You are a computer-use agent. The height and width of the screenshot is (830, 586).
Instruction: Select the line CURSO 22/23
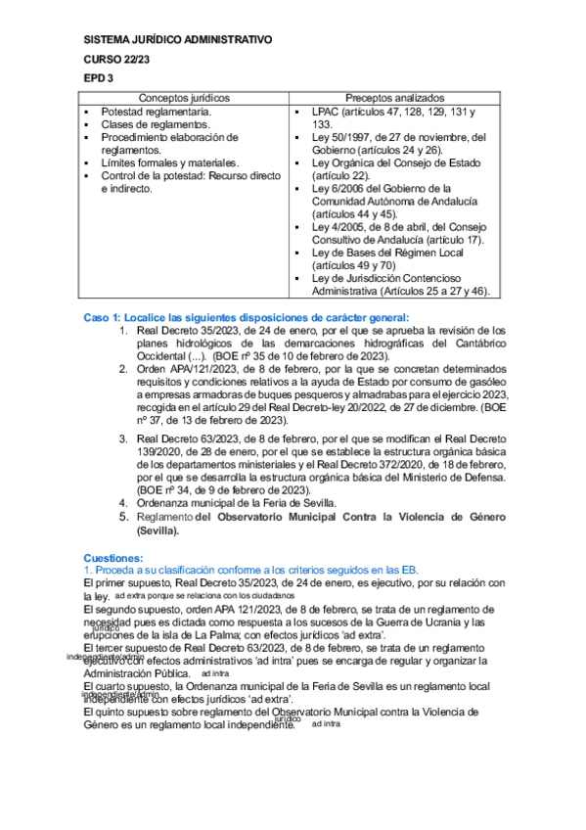(x=114, y=59)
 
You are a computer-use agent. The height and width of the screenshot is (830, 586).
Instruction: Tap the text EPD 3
(x=99, y=78)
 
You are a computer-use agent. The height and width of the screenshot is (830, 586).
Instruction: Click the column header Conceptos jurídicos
(x=184, y=99)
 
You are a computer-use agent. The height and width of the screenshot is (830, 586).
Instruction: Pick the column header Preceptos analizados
(x=394, y=99)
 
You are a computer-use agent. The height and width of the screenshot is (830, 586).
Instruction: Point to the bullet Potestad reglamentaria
(x=156, y=113)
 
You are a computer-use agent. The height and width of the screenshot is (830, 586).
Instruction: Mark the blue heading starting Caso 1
(x=247, y=317)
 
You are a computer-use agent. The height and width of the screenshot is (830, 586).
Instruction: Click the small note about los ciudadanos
(x=203, y=595)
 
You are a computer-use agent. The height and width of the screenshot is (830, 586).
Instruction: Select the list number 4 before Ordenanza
(x=123, y=501)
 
